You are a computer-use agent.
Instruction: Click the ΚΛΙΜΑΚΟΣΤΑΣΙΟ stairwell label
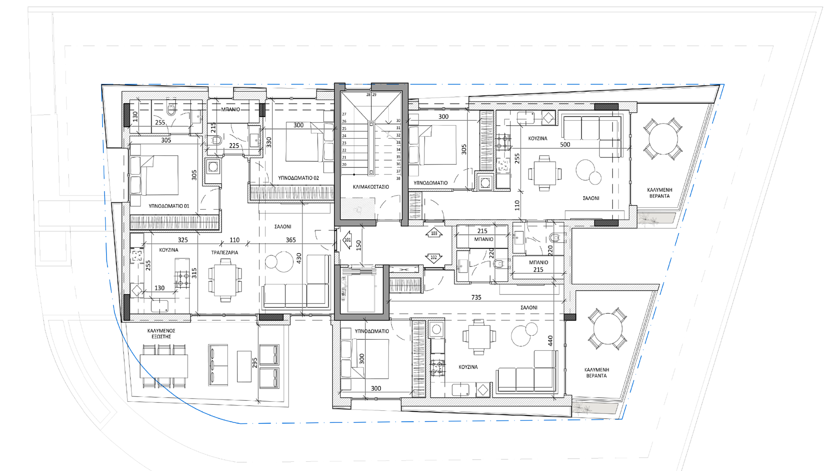coord(371,187)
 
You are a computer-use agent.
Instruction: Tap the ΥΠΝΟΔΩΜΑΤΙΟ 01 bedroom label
coord(169,206)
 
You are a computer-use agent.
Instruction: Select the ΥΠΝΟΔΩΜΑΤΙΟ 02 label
coord(299,178)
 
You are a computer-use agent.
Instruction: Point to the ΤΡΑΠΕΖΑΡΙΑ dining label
coord(225,253)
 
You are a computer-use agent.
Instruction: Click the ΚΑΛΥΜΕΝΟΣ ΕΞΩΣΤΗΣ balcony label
coord(161,334)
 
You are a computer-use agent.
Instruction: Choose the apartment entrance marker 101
coord(347,240)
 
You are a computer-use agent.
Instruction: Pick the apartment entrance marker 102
coord(434,257)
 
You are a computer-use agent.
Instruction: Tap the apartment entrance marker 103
coord(434,233)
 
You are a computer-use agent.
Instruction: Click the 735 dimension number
coord(476,297)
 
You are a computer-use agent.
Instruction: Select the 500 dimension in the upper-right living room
coord(565,144)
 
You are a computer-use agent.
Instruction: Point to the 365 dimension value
coord(291,240)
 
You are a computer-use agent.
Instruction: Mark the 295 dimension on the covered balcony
coord(255,362)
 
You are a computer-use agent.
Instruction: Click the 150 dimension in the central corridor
coord(359,246)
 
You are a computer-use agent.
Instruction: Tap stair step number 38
coord(398,178)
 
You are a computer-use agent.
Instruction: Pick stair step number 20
coord(344,164)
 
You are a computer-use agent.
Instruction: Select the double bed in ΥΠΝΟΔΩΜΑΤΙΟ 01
coord(155,175)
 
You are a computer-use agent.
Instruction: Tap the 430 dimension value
coord(299,258)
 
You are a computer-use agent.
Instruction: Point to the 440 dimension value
coord(550,341)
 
